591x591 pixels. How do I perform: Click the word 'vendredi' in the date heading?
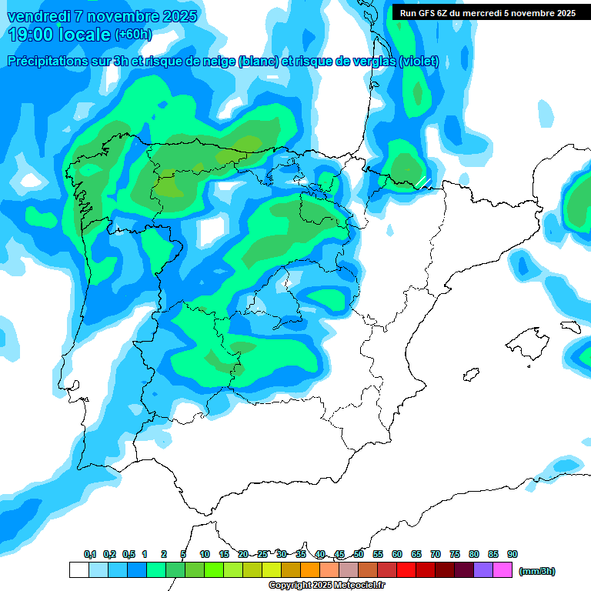pyautogui.click(x=38, y=16)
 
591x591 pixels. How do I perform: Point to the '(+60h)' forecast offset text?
pyautogui.click(x=133, y=35)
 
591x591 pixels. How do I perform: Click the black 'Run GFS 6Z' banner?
pyautogui.click(x=488, y=12)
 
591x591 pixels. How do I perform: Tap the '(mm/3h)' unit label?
pyautogui.click(x=536, y=571)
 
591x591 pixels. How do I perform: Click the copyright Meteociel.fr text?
pyautogui.click(x=316, y=586)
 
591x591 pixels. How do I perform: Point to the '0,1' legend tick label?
pyautogui.click(x=90, y=554)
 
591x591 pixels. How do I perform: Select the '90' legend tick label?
pyautogui.click(x=513, y=554)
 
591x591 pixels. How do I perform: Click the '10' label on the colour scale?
pyautogui.click(x=205, y=554)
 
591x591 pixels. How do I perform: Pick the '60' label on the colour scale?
pyautogui.click(x=397, y=554)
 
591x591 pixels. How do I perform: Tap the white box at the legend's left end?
pyautogui.click(x=78, y=570)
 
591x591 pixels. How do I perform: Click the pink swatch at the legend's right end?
pyautogui.click(x=503, y=570)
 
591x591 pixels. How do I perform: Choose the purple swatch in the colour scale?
pyautogui.click(x=483, y=570)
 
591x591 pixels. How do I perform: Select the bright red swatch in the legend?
pyautogui.click(x=406, y=570)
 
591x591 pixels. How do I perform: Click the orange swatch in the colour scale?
pyautogui.click(x=310, y=570)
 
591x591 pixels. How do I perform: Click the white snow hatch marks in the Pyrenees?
pyautogui.click(x=422, y=182)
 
